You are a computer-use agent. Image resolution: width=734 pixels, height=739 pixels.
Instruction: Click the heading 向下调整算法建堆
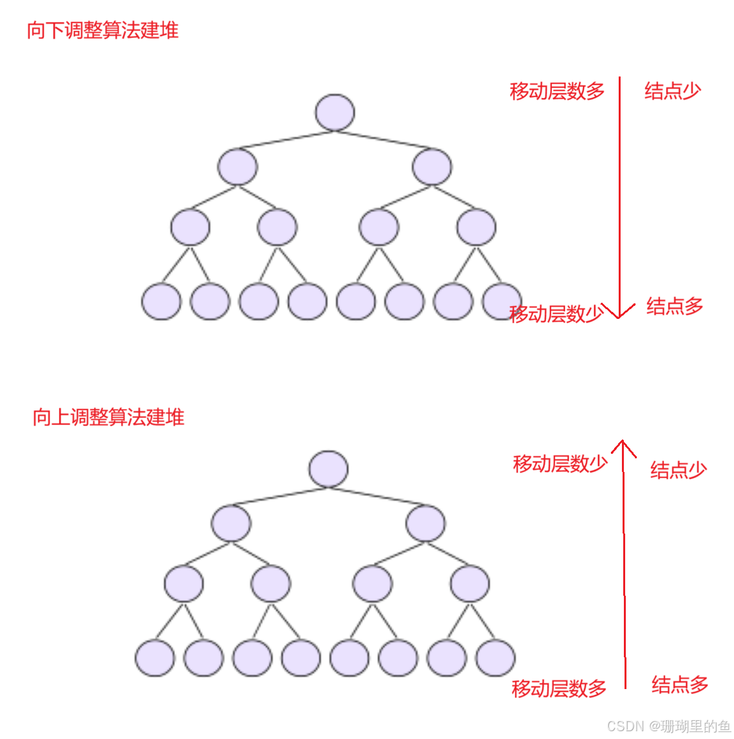[102, 30]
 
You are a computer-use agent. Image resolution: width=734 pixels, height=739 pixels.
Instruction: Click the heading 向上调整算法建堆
[108, 417]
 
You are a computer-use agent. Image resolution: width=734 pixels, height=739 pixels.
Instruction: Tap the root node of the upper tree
[335, 112]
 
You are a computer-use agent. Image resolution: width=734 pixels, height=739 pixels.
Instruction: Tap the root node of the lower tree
[328, 469]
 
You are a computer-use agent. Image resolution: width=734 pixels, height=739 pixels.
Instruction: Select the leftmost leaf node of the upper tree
[161, 301]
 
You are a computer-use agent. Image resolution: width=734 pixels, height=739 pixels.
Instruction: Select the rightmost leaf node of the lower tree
[496, 657]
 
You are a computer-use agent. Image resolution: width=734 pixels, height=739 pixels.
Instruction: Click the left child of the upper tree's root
[238, 167]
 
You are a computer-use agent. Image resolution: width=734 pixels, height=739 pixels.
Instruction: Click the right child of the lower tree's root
[426, 523]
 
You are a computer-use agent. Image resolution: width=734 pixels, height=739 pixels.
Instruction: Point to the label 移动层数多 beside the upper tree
[557, 91]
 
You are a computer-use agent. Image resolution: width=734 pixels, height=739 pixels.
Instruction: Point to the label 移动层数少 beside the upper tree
[556, 314]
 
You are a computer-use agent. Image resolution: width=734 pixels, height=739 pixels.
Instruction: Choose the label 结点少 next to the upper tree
[672, 91]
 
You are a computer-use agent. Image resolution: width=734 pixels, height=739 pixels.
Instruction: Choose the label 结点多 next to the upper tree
[674, 306]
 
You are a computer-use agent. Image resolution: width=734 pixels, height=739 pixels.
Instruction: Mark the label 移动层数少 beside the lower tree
[560, 463]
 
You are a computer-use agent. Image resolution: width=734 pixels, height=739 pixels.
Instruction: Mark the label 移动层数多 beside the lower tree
[559, 688]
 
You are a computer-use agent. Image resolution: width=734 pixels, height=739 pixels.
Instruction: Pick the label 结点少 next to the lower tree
[678, 470]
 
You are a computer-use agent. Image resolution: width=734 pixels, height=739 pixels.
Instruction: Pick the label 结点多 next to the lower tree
[680, 685]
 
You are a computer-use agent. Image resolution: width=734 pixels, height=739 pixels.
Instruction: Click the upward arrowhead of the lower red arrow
[623, 445]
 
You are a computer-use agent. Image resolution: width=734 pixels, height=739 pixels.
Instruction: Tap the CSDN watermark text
[668, 725]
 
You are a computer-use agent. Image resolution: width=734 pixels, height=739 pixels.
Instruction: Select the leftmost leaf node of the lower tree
[154, 657]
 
